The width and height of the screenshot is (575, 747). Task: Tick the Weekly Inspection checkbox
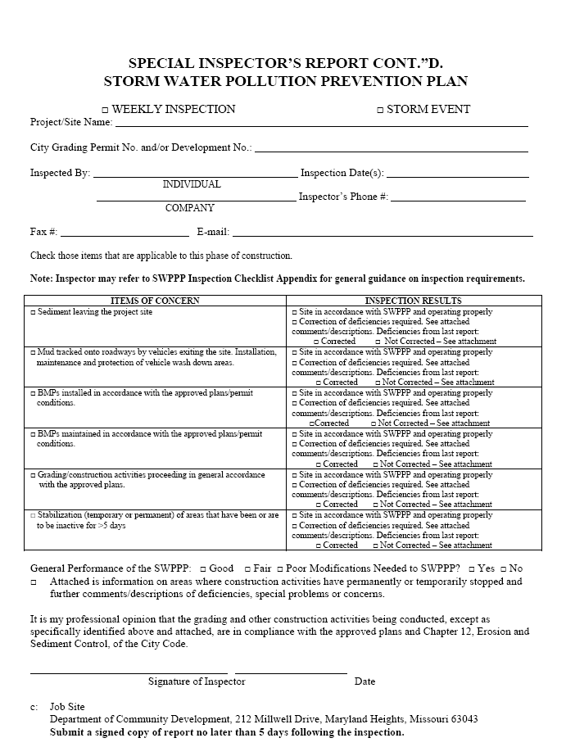[x=104, y=110]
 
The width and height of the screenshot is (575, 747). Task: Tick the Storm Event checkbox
[x=379, y=110]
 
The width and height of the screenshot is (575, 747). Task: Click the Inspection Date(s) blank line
[x=457, y=175]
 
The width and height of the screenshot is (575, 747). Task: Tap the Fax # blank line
[x=125, y=234]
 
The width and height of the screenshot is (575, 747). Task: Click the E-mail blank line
[x=383, y=234]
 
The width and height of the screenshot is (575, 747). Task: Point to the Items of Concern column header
[x=155, y=301]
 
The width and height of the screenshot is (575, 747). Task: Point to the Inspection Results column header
[x=413, y=301]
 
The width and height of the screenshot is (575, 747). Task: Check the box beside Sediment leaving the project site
[x=33, y=313]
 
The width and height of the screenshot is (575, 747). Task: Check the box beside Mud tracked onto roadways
[x=33, y=352]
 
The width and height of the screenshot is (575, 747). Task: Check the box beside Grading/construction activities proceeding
[x=33, y=475]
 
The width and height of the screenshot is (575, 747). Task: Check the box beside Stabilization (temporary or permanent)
[x=33, y=516]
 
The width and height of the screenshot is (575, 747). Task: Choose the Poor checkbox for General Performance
[x=280, y=568]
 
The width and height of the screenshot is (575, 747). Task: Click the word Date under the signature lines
[x=364, y=681]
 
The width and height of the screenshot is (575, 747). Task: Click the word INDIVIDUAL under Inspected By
[x=192, y=184]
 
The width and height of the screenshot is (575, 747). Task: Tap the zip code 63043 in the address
[x=463, y=719]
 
